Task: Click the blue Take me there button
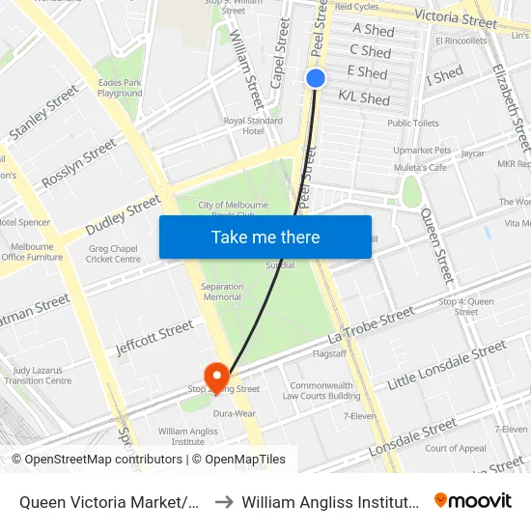[265, 238]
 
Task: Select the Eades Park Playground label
[120, 88]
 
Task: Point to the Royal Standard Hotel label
[253, 126]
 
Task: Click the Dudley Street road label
[123, 215]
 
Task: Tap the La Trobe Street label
[371, 325]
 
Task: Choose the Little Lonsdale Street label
[446, 366]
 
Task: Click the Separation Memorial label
[222, 292]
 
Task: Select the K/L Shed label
[364, 98]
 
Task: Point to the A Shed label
[374, 31]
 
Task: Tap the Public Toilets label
[413, 124]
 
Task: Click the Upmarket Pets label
[422, 151]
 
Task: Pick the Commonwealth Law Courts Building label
[321, 390]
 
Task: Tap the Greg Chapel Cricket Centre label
[114, 254]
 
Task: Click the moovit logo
[472, 500]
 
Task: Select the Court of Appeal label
[456, 448]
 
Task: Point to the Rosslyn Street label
[79, 166]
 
